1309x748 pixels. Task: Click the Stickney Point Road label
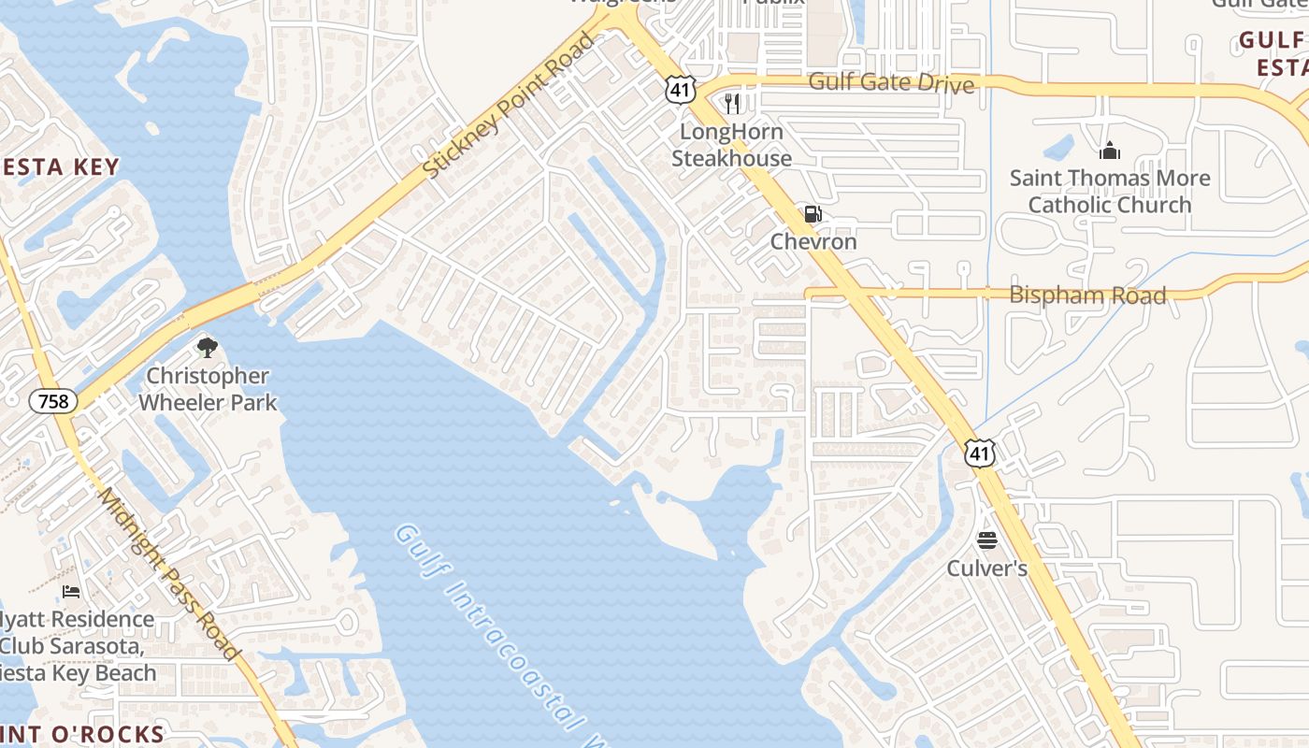click(x=510, y=106)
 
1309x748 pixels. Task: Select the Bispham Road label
click(x=1087, y=295)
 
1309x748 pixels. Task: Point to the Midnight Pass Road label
click(x=169, y=575)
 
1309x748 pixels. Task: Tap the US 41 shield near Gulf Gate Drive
click(x=679, y=90)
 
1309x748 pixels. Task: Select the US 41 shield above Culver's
click(x=979, y=453)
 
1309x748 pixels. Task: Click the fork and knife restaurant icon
click(x=732, y=103)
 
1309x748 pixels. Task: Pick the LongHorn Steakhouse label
click(x=732, y=145)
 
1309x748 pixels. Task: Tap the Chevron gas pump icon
click(x=813, y=214)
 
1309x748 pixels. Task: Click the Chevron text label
click(x=813, y=241)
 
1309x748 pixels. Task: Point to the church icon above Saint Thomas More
click(x=1110, y=150)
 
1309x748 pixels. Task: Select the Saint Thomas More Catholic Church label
click(x=1110, y=191)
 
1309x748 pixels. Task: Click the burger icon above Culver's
click(x=987, y=540)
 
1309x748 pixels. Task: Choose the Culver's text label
click(x=987, y=568)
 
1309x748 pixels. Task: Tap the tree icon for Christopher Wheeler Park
click(x=207, y=348)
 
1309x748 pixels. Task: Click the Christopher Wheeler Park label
click(x=208, y=389)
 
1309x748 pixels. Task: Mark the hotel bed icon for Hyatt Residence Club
click(x=71, y=591)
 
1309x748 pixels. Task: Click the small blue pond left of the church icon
click(x=1058, y=147)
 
